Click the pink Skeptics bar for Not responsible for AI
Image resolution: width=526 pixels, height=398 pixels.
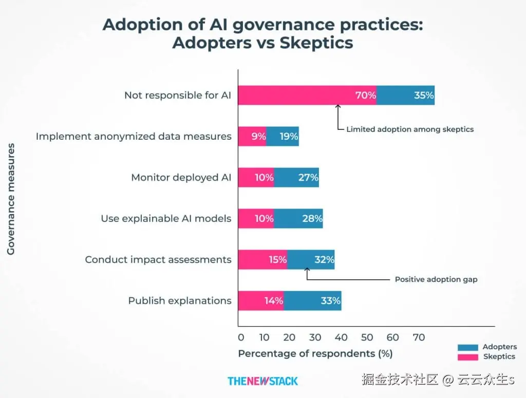(298, 95)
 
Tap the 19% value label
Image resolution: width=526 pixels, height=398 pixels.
(289, 136)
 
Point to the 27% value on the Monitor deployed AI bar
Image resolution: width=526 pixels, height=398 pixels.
(308, 177)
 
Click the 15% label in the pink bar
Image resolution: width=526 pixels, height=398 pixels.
(277, 259)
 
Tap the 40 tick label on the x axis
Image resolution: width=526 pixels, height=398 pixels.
(342, 337)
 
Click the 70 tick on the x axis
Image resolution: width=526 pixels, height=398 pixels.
(419, 337)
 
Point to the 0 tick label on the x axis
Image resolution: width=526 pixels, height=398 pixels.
(241, 337)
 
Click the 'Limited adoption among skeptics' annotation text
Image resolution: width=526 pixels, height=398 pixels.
(409, 129)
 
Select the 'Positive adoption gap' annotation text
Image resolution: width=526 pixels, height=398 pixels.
(436, 279)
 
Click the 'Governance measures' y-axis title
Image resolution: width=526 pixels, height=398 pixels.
(11, 199)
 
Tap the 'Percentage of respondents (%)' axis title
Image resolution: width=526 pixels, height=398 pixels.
(315, 353)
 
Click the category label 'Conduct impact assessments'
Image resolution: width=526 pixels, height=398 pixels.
(158, 259)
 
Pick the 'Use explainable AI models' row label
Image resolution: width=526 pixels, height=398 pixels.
(166, 218)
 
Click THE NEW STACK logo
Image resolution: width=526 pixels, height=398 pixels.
(262, 381)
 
